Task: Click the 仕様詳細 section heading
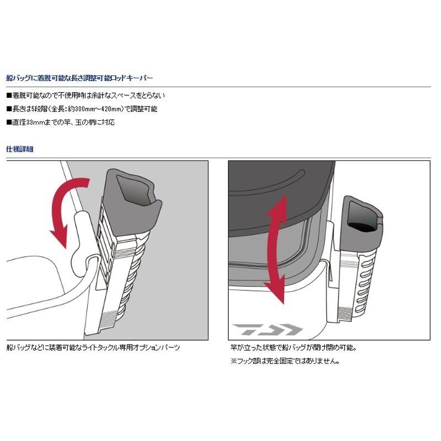pos(19,149)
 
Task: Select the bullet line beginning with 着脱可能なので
pos(85,95)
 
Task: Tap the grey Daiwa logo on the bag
pos(267,330)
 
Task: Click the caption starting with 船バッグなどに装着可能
pos(93,348)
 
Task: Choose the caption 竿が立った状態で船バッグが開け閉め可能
pos(293,348)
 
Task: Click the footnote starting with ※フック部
pos(285,362)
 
